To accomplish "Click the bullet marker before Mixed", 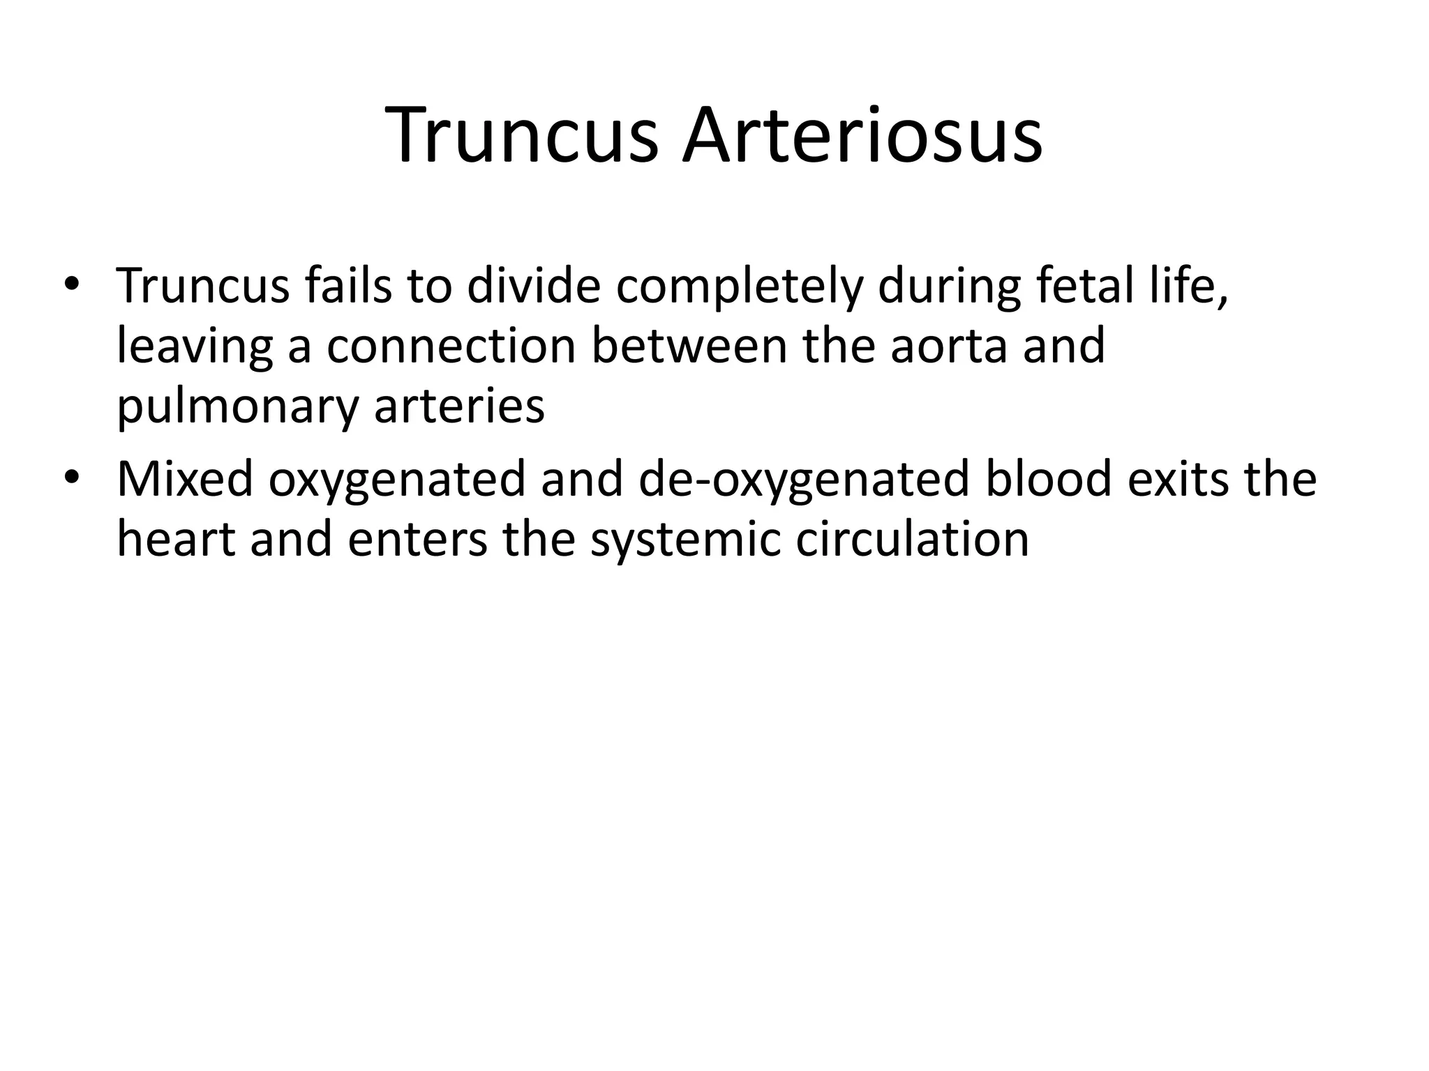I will coord(72,478).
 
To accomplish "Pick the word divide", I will coord(533,286).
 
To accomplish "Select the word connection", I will coord(451,346).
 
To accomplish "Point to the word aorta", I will coord(948,346).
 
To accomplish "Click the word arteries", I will coord(459,406).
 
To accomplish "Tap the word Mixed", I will coord(185,479).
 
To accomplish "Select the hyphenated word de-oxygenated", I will coord(803,480).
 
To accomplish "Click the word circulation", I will coord(912,539).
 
